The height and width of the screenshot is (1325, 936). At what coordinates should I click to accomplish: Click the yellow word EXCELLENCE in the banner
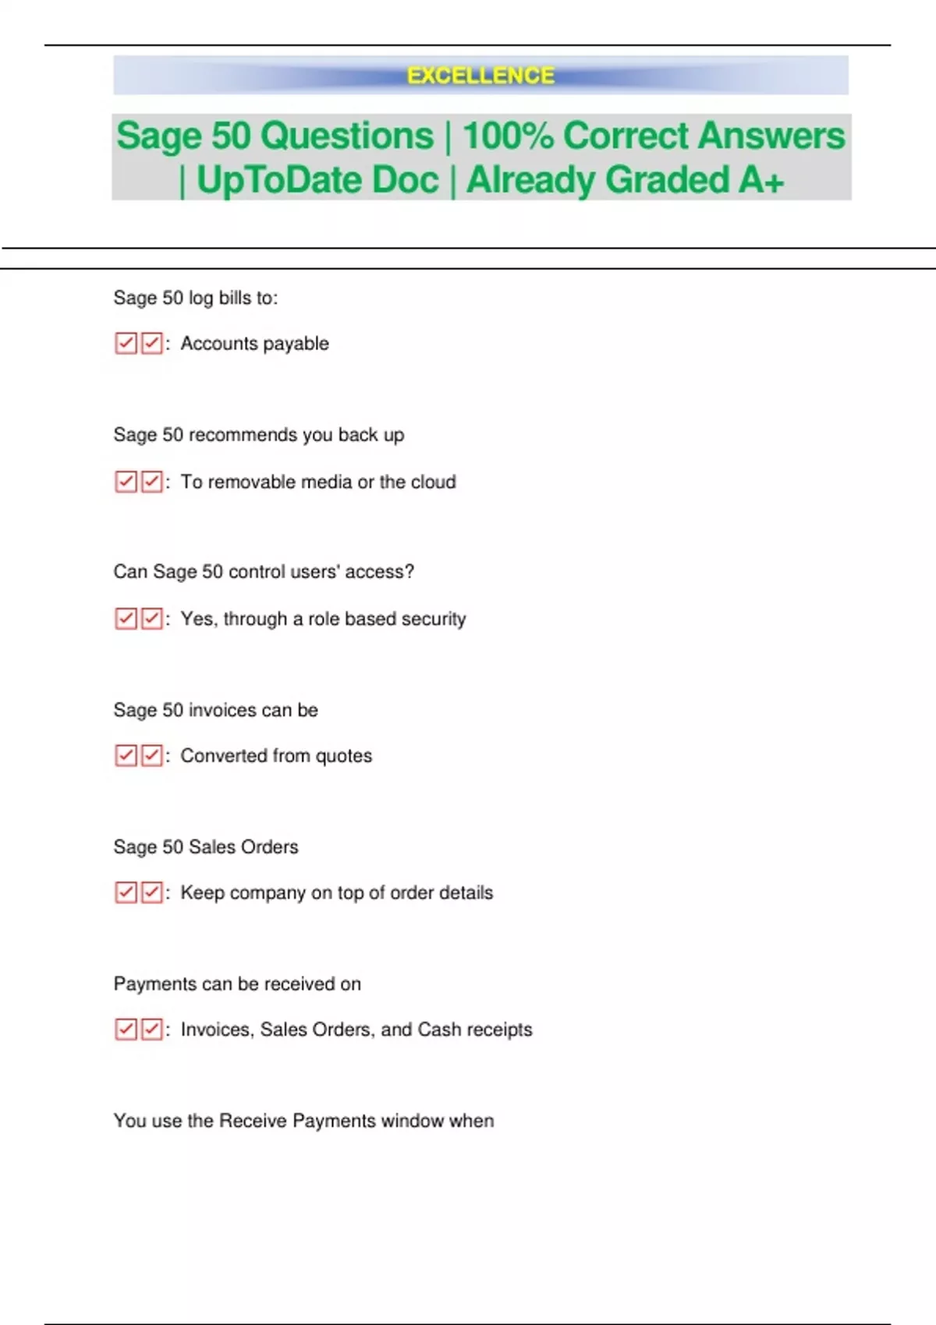point(480,76)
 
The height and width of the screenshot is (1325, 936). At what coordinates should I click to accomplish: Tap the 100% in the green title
point(507,136)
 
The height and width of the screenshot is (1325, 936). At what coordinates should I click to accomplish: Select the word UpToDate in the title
point(317,180)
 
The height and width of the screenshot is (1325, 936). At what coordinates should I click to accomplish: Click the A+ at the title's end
point(761,180)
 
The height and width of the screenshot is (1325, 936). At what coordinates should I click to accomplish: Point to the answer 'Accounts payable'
point(254,344)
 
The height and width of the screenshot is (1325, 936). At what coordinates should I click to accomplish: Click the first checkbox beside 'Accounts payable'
point(126,344)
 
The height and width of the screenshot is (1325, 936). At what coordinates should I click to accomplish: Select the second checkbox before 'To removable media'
point(152,482)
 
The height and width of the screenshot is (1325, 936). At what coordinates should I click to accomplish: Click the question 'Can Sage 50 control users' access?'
point(264,571)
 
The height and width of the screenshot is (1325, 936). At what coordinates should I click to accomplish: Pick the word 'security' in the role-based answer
point(434,619)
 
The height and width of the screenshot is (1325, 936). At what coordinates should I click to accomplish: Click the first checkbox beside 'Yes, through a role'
point(126,619)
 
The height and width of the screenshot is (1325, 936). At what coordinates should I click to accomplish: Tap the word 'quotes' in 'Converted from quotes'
point(343,756)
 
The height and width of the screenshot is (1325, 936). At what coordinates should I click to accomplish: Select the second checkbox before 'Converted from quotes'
point(152,756)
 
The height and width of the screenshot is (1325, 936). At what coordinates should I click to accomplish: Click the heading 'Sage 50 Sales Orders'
point(206,846)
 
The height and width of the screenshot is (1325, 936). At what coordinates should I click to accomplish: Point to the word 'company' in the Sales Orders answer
point(268,893)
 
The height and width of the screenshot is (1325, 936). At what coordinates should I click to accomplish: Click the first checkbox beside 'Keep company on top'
point(126,892)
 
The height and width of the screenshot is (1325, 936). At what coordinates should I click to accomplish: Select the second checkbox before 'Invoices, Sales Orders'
point(152,1030)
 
